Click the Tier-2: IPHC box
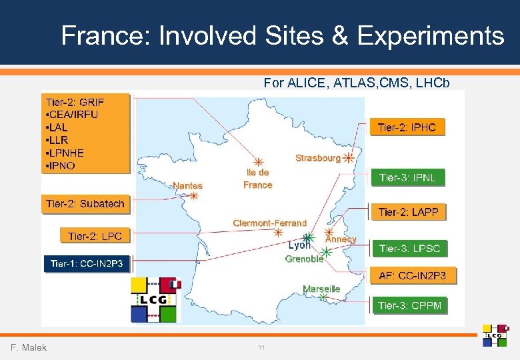[407, 127]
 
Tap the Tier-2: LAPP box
[408, 213]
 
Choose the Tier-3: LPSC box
[409, 249]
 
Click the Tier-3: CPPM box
[409, 305]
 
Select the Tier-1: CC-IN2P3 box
[87, 264]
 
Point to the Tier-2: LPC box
[95, 236]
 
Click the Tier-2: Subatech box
[85, 204]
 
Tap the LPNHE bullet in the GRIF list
[66, 153]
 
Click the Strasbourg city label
[317, 158]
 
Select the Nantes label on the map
[187, 185]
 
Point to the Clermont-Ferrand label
[269, 223]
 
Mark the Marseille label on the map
[321, 289]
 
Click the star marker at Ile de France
[258, 162]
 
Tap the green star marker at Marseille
[323, 298]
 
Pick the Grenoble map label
[304, 259]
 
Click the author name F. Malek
[29, 347]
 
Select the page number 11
[261, 348]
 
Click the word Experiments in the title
[431, 35]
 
